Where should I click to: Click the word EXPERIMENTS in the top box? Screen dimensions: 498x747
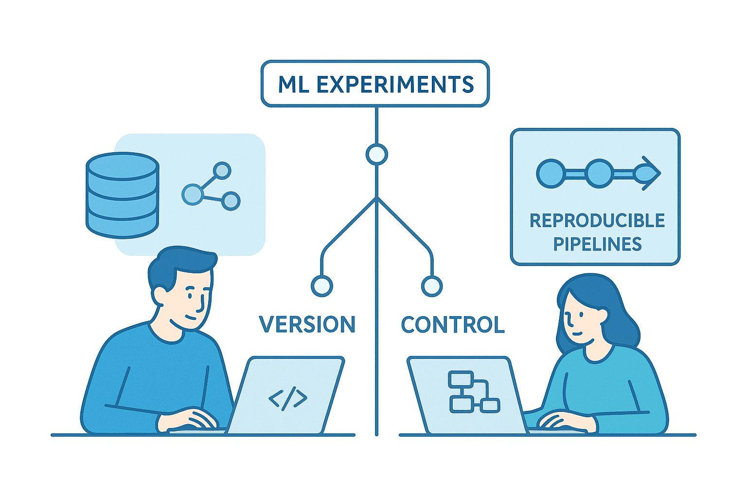click(395, 85)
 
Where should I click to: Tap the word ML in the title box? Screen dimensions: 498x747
click(294, 85)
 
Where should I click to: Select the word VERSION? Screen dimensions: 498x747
click(307, 324)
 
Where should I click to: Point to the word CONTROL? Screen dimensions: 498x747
click(453, 324)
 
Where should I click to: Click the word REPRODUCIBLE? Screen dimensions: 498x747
click(597, 221)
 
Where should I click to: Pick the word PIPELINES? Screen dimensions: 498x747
click(597, 244)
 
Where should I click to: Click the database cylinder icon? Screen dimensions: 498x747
click(122, 196)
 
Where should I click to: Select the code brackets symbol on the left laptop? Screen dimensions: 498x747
click(288, 399)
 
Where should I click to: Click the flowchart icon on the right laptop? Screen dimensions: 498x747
click(473, 392)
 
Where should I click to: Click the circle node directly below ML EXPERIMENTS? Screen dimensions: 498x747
click(376, 155)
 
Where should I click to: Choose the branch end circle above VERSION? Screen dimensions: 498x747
click(321, 286)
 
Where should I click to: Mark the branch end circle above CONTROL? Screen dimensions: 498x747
click(431, 286)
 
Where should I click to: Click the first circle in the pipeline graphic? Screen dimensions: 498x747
click(551, 173)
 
